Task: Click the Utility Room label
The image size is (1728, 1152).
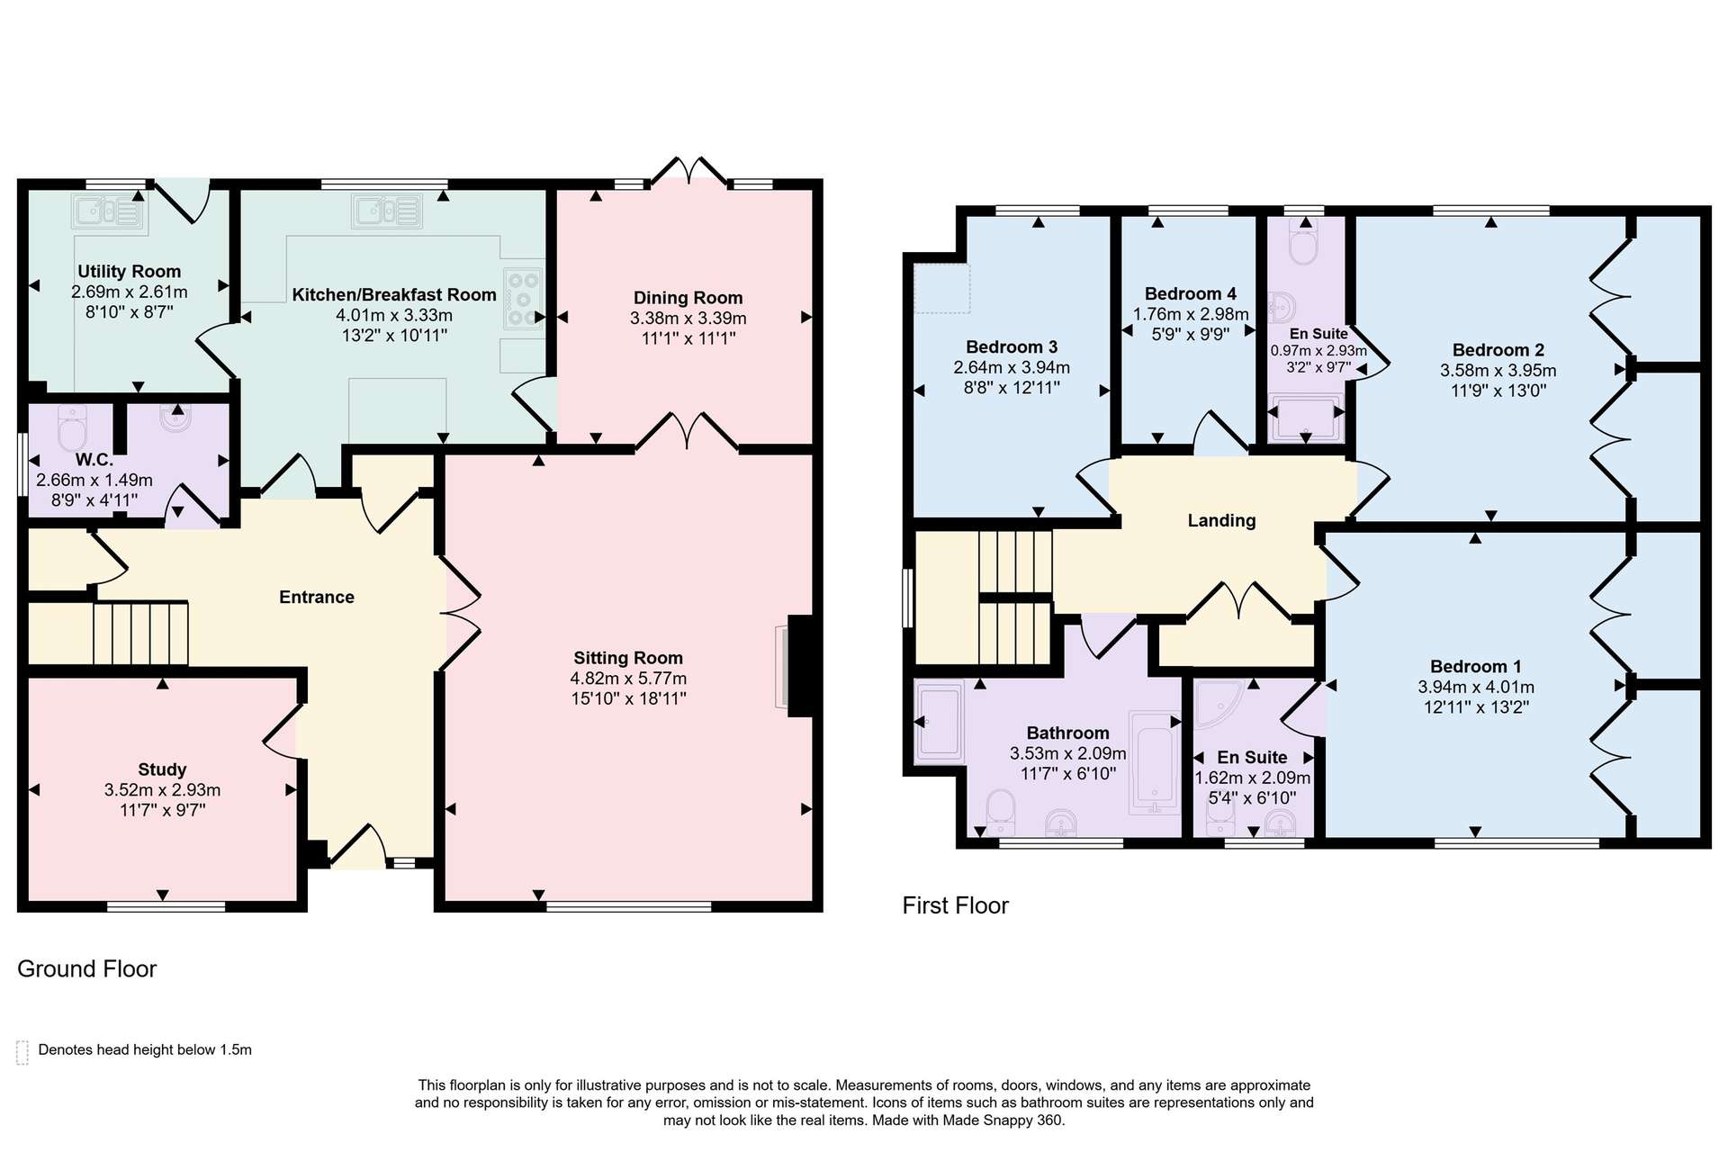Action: pos(129,272)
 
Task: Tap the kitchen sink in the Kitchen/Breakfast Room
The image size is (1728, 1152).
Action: pos(388,211)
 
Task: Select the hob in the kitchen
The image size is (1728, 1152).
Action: pos(523,298)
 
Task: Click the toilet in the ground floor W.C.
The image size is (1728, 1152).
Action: pos(71,427)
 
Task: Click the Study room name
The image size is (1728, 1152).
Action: pos(162,769)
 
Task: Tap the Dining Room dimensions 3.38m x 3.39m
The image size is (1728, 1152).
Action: pos(688,319)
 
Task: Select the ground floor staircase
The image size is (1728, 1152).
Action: pos(140,634)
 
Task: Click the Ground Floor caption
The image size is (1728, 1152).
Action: pos(87,968)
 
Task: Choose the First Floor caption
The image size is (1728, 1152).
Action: pos(956,905)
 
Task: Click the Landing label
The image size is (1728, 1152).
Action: pos(1221,520)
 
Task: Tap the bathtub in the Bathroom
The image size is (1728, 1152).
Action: pos(1155,763)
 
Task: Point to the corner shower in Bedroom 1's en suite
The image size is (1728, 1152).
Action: pos(1220,705)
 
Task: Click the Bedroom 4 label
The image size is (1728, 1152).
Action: pos(1190,294)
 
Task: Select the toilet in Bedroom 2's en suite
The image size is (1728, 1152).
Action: pos(1303,240)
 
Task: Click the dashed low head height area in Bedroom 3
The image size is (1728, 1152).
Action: pos(942,288)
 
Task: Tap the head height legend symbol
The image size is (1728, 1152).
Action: pos(22,1052)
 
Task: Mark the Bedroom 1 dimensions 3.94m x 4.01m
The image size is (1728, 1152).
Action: pos(1476,688)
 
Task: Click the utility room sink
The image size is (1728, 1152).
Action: pos(108,211)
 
